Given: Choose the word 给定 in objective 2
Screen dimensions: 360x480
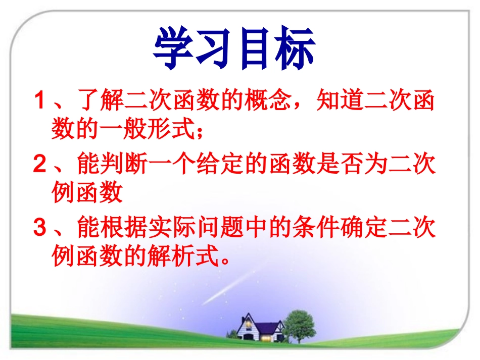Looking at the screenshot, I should [244, 166].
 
